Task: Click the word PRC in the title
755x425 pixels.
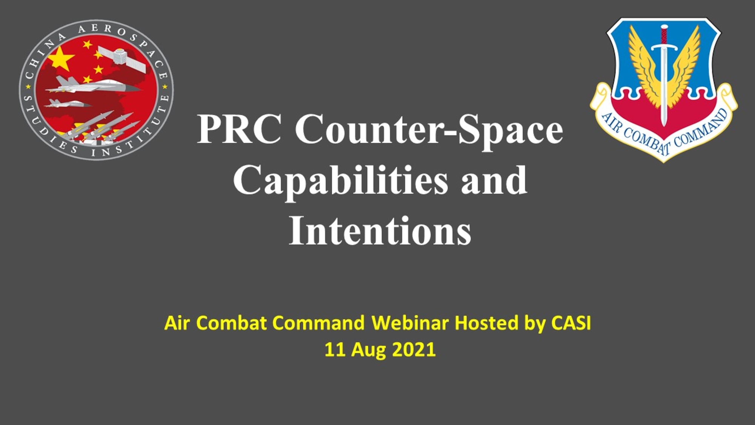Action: point(239,130)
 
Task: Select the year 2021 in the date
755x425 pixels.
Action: point(414,349)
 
